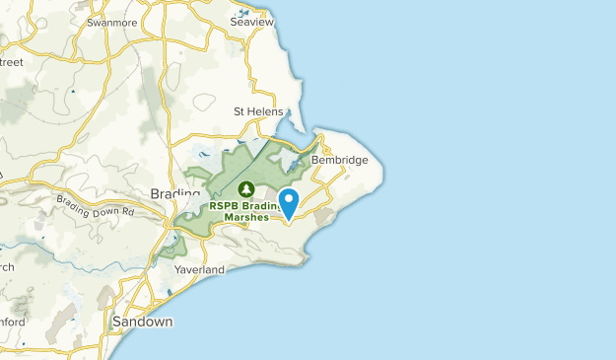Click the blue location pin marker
tap(290, 203)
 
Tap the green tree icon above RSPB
tap(246, 188)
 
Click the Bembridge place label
tap(339, 160)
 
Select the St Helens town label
tap(258, 111)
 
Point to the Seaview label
tap(249, 20)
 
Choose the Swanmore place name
tap(111, 22)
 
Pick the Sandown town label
tap(142, 323)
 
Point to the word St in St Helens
tap(238, 111)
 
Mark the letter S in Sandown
tap(116, 323)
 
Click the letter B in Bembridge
tap(315, 160)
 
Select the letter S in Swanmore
tap(91, 22)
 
